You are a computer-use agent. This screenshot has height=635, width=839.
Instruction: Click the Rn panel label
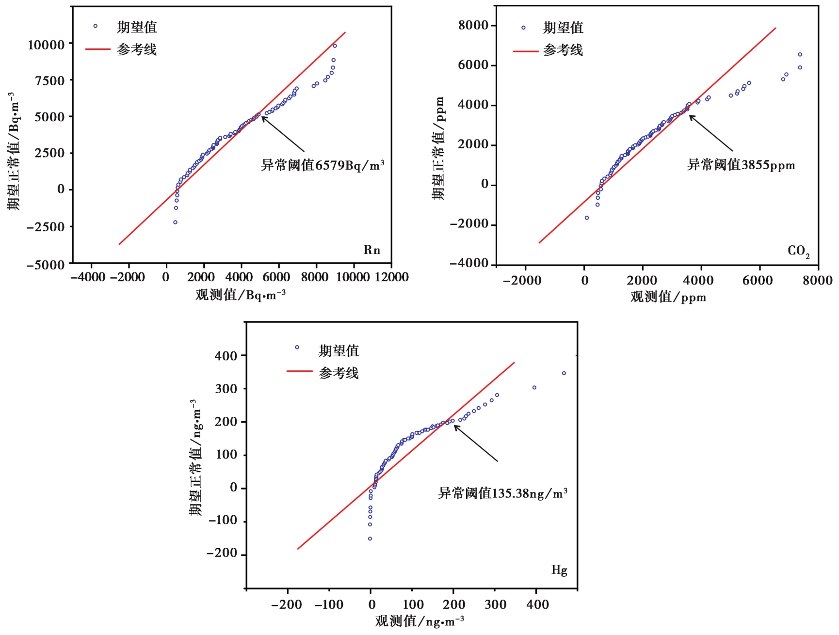[371, 250]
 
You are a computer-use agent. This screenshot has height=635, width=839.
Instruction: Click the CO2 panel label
[798, 251]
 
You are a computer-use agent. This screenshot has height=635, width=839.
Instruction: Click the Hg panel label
[559, 570]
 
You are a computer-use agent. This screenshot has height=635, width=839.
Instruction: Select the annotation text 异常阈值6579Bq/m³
[323, 165]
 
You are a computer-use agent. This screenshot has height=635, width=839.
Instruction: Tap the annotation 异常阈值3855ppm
[741, 165]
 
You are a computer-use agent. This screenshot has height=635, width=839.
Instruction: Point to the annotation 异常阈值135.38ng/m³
[503, 493]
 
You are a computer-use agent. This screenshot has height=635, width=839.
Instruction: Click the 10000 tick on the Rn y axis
[46, 45]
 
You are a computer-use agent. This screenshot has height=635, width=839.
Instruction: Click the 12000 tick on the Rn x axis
[391, 277]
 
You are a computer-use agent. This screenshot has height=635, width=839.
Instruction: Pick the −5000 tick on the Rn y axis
[46, 265]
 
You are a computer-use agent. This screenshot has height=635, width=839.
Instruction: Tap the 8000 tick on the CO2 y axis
[473, 25]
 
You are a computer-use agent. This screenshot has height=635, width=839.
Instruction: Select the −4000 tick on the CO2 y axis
[469, 264]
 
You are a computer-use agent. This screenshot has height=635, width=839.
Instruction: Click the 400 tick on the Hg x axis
[537, 604]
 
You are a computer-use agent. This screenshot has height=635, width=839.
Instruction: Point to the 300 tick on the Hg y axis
[226, 389]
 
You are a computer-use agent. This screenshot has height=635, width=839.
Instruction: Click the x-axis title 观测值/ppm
[668, 297]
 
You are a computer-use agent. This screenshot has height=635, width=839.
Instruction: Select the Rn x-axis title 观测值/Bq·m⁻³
[241, 295]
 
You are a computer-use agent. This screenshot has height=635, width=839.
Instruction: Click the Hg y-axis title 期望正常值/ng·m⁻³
[195, 458]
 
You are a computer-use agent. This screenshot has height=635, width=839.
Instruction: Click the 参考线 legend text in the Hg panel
[339, 373]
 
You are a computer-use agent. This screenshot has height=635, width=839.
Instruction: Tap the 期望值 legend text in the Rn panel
[137, 27]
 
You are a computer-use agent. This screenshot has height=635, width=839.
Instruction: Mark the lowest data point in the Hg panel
[370, 539]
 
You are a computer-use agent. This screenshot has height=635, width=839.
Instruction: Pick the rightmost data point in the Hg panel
[564, 373]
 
